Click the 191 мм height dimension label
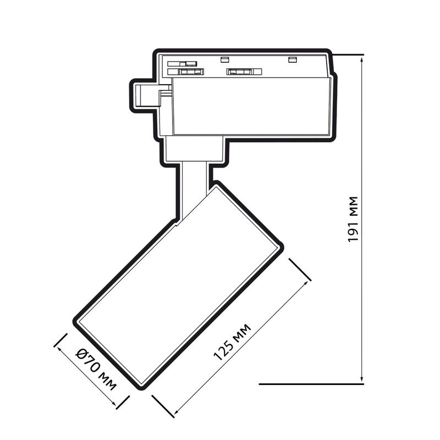click(353, 219)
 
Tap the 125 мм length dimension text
click(232, 342)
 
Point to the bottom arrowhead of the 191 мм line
click(361, 380)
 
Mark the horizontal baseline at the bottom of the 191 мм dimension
click(311, 384)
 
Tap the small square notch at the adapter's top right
click(292, 59)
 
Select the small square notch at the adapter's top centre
click(224, 59)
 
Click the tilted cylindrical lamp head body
click(179, 286)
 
